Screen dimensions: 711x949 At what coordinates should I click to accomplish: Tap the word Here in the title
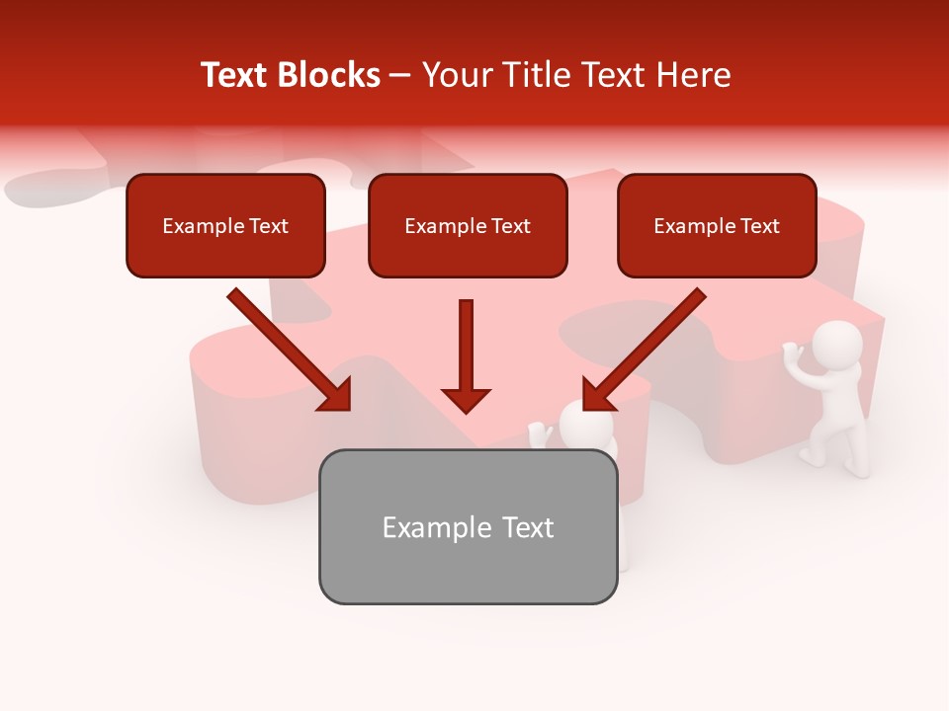tap(693, 75)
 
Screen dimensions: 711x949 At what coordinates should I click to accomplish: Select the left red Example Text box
tap(225, 226)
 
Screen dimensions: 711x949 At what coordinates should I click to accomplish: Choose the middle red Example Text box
tap(468, 226)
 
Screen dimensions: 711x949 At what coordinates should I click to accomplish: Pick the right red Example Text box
tap(717, 226)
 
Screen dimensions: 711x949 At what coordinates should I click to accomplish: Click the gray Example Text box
tap(468, 527)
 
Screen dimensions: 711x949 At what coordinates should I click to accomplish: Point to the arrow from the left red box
tap(289, 350)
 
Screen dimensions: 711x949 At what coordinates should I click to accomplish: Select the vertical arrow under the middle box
tap(467, 355)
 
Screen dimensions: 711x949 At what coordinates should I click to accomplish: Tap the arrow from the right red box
tap(645, 350)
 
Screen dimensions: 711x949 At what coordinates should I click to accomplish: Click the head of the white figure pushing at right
tap(837, 345)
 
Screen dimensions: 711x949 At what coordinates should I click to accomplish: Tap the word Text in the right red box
tap(760, 226)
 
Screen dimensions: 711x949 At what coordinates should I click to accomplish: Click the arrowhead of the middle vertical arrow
tap(467, 399)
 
